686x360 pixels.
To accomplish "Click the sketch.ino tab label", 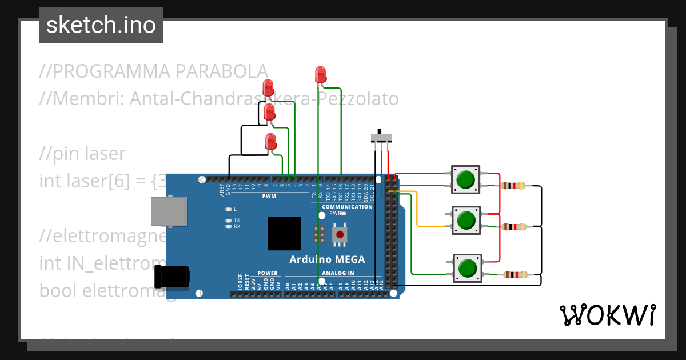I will pos(101,25).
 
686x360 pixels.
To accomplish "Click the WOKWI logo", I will pos(607,315).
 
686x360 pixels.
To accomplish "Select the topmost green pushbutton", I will pos(466,179).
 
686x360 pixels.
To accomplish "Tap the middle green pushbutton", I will pos(466,220).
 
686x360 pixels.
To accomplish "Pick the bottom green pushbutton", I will pos(468,267).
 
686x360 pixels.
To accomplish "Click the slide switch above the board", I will pos(382,137).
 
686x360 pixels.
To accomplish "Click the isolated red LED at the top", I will pos(320,74).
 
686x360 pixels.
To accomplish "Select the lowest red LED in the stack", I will pos(271,142).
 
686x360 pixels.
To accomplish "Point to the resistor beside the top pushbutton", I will pos(513,186).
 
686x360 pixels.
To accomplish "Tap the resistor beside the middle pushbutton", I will pos(513,227).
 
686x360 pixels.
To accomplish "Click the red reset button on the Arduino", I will pos(340,234).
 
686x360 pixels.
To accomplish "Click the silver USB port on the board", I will pos(168,212).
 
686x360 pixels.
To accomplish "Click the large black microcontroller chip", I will pos(284,233).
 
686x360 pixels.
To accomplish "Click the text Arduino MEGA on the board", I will pos(327,259).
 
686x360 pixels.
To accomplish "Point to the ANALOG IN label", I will pos(338,273).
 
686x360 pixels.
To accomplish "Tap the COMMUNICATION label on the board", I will pos(348,207).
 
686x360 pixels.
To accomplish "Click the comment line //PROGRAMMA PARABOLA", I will pos(153,71).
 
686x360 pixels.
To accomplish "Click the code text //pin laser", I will pos(82,154).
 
